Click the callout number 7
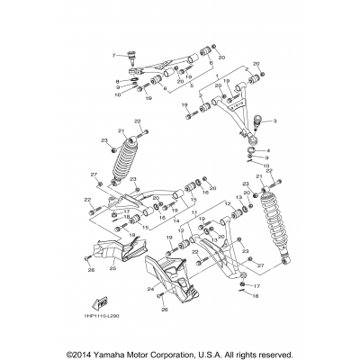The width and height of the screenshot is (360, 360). pyautogui.click(x=115, y=56)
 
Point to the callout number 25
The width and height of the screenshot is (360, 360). pyautogui.click(x=113, y=267)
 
